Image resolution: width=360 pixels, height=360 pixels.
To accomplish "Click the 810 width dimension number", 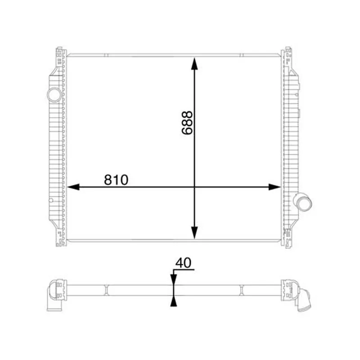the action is pos(116,180).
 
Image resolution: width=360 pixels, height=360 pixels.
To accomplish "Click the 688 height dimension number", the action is pos(187,122).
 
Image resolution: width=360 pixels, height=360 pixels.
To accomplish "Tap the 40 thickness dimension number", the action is pos(183,263).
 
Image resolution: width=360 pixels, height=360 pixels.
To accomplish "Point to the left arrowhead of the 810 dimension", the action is pos(73,187).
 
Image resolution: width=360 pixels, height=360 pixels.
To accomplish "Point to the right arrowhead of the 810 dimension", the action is pos(274,187).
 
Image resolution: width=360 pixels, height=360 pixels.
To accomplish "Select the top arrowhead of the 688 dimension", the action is pos(194,63).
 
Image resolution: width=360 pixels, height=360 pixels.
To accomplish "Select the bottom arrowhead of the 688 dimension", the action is pos(194,233).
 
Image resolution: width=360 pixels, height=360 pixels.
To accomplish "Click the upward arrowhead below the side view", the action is pos(174,301).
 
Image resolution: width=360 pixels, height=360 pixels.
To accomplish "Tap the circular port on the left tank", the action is pos(54,95).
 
